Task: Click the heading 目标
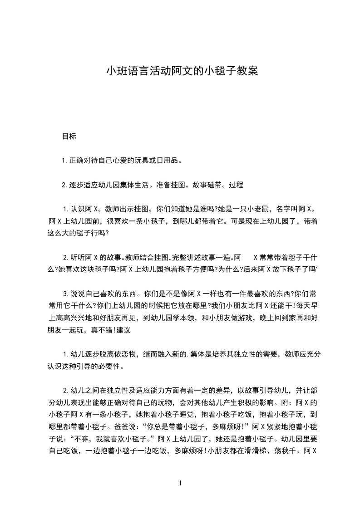click(69, 136)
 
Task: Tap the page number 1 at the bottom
click(180, 483)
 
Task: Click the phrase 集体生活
click(134, 185)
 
